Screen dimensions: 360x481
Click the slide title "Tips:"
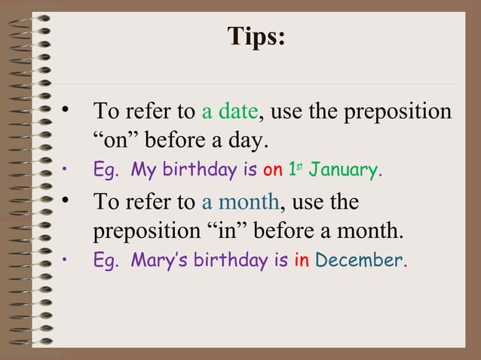click(256, 37)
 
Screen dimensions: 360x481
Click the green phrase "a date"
click(230, 112)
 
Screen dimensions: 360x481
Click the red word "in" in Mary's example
click(302, 261)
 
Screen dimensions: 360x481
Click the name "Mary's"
click(159, 261)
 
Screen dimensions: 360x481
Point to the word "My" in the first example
click(143, 171)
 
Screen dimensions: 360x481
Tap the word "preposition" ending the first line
click(397, 113)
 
